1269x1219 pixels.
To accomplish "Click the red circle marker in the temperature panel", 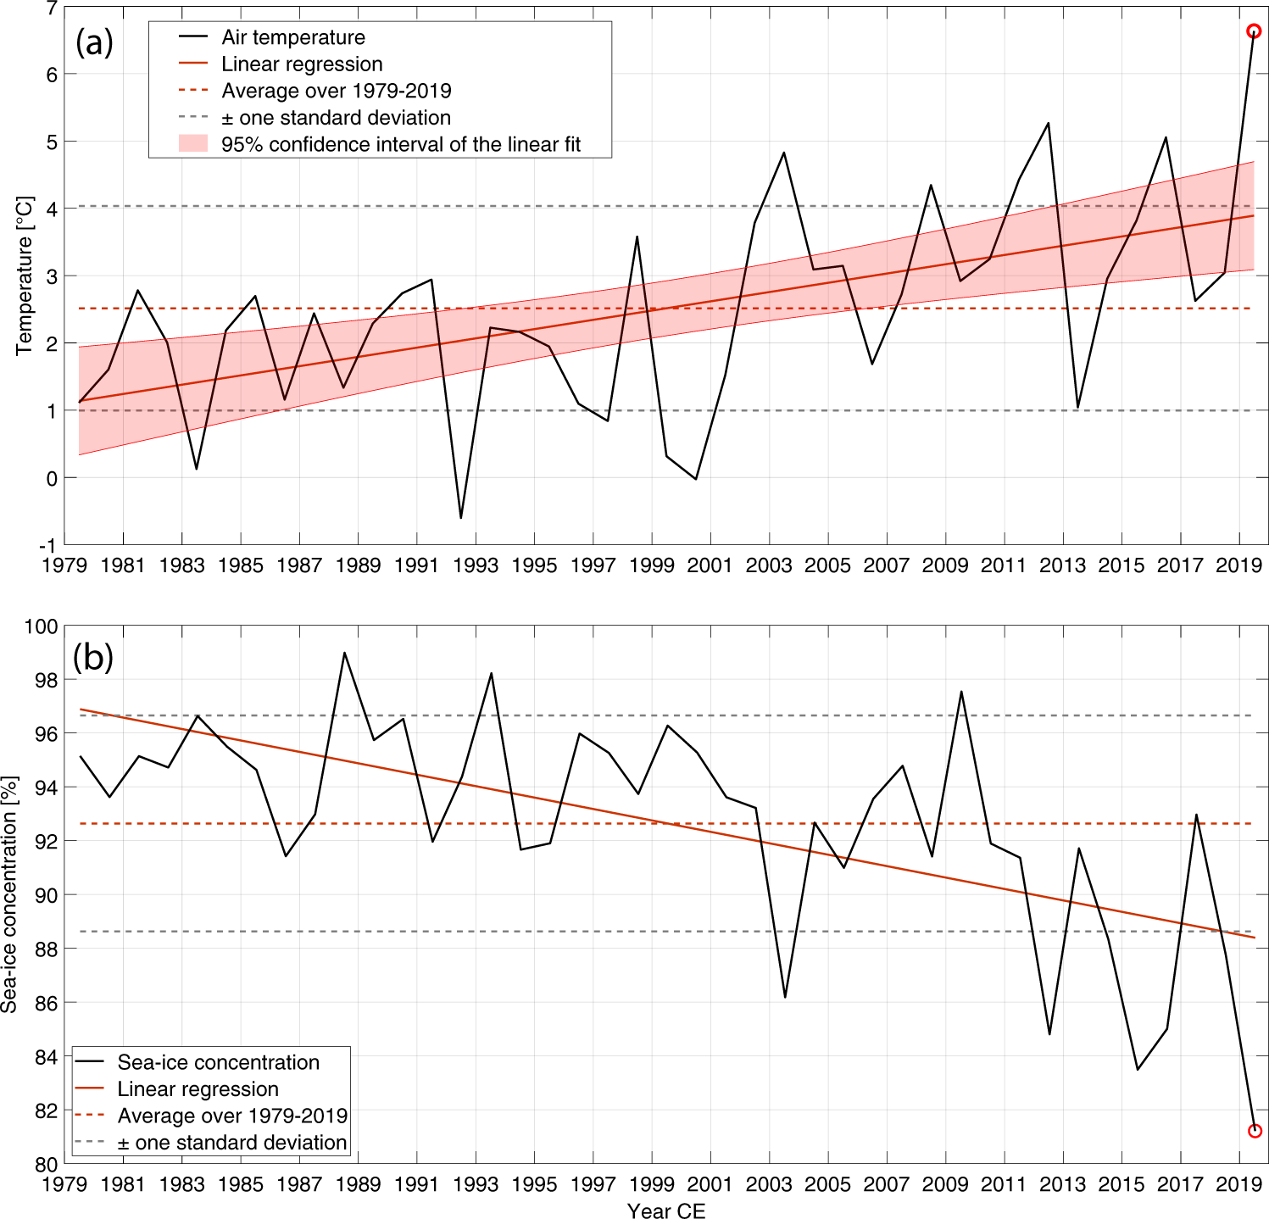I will (1253, 31).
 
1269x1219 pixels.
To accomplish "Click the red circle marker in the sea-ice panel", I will (1255, 1131).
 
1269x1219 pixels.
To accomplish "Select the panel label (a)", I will (94, 42).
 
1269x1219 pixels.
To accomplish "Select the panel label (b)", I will (93, 657).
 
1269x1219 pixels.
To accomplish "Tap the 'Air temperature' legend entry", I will (292, 37).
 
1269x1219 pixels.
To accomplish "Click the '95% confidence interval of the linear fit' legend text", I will (400, 144).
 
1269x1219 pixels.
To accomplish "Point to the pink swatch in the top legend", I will (193, 144).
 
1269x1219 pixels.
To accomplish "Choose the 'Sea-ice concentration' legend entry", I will (218, 1062).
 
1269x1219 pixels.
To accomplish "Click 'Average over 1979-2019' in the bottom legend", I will (232, 1116).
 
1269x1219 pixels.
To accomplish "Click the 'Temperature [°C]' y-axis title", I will (24, 276).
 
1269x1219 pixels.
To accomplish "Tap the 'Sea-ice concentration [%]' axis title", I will (9, 894).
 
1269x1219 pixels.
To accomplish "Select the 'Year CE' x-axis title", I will (666, 1211).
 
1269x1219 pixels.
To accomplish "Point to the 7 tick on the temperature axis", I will (52, 8).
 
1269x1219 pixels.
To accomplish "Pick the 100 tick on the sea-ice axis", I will (42, 626).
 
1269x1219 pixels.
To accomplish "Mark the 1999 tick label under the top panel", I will (651, 565).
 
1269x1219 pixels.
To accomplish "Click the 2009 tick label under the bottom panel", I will (945, 1183).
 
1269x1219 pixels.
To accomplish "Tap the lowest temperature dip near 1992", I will (461, 518).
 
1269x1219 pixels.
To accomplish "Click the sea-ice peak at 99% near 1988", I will (344, 653).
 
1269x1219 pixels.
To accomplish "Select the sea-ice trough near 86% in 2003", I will (785, 997).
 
